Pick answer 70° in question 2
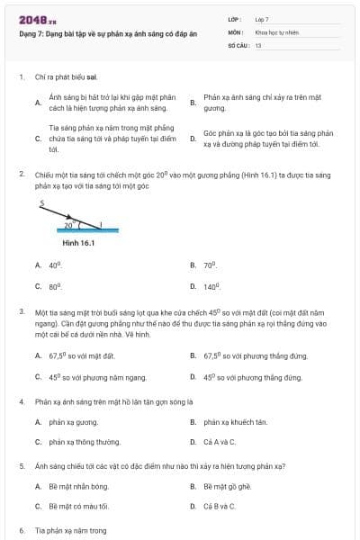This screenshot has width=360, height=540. point(211,265)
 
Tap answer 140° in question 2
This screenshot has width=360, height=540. point(212,286)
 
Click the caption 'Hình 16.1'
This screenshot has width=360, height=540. point(77,242)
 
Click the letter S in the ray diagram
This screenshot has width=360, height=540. point(41,204)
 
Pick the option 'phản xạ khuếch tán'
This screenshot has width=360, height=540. point(236,421)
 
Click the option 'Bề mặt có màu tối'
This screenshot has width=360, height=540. point(78,507)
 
